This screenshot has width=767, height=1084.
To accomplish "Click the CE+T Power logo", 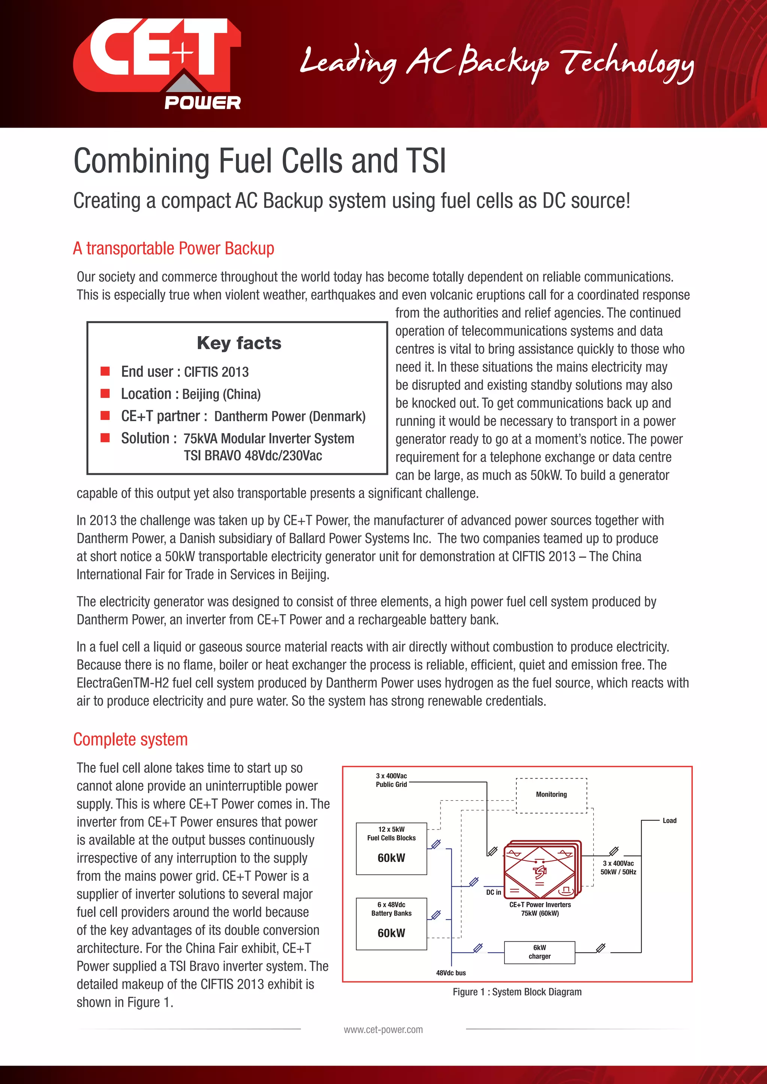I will pyautogui.click(x=157, y=64).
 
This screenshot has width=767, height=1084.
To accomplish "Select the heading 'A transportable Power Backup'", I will pyautogui.click(x=173, y=248).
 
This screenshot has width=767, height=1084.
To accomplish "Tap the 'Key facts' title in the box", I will pyautogui.click(x=239, y=343).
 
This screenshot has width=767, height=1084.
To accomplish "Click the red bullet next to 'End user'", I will pyautogui.click(x=105, y=371).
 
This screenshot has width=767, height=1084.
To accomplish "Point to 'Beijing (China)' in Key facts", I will pyautogui.click(x=221, y=394).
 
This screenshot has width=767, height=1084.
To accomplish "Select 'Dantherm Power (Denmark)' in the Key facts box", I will pyautogui.click(x=289, y=416).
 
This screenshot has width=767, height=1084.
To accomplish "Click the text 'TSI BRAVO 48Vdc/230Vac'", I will pyautogui.click(x=253, y=456).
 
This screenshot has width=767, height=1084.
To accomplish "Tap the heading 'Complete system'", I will pyautogui.click(x=130, y=739).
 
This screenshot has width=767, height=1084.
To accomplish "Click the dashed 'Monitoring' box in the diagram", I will pyautogui.click(x=551, y=795).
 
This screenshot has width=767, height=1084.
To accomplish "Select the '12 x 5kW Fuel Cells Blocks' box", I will pyautogui.click(x=391, y=849).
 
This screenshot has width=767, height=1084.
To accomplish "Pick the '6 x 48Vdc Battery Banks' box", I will pyautogui.click(x=391, y=923).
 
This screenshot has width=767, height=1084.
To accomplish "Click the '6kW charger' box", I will pyautogui.click(x=539, y=952).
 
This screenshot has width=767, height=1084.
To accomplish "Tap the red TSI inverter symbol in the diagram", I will pyautogui.click(x=540, y=871).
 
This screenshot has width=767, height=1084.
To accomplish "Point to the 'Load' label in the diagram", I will pyautogui.click(x=669, y=820).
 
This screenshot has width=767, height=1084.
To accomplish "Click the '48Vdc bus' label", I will pyautogui.click(x=451, y=972).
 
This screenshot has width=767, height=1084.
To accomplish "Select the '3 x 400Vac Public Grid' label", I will pyautogui.click(x=391, y=780).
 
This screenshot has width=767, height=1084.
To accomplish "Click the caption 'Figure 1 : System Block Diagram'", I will pyautogui.click(x=517, y=992).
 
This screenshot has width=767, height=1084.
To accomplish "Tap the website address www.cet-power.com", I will pyautogui.click(x=383, y=1030).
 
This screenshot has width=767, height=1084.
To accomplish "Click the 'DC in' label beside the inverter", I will pyautogui.click(x=494, y=892).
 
